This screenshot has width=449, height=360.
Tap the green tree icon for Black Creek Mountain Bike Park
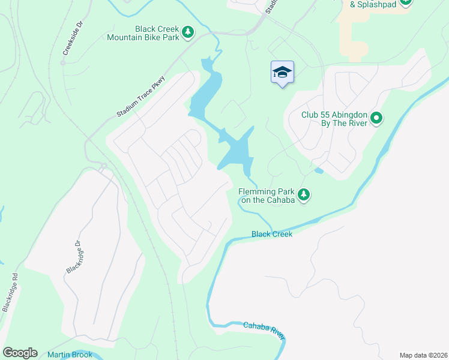[x=188, y=32]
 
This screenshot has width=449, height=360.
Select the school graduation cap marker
[x=282, y=73]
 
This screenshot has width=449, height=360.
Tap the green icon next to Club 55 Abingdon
[x=376, y=118]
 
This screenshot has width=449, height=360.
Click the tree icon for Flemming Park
[x=304, y=194]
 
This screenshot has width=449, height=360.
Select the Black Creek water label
[x=272, y=234]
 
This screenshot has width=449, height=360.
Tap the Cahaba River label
[x=263, y=329]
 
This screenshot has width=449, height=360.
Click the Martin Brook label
[x=70, y=355]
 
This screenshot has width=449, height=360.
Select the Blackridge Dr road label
[x=73, y=257]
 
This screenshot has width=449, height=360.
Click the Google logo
[x=20, y=353]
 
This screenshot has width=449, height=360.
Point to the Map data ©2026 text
[x=423, y=355]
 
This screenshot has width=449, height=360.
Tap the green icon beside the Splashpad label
[x=406, y=2]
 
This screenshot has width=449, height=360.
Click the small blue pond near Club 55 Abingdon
[x=318, y=171]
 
